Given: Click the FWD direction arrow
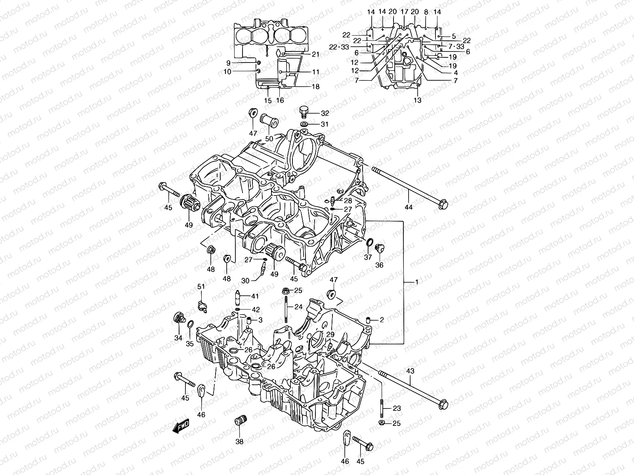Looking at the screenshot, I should [181, 427].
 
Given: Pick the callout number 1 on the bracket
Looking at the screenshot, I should [416, 282].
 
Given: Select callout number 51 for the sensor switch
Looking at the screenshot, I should [201, 287].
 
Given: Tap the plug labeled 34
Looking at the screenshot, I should [179, 318].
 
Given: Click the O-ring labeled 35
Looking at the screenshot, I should [190, 325].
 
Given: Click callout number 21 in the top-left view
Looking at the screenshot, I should [315, 54].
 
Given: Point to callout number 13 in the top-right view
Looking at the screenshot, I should [417, 101].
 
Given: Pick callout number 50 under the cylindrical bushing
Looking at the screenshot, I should [269, 138].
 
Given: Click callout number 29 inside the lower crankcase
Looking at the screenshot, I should [330, 335].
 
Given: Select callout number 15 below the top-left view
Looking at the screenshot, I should [268, 101].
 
